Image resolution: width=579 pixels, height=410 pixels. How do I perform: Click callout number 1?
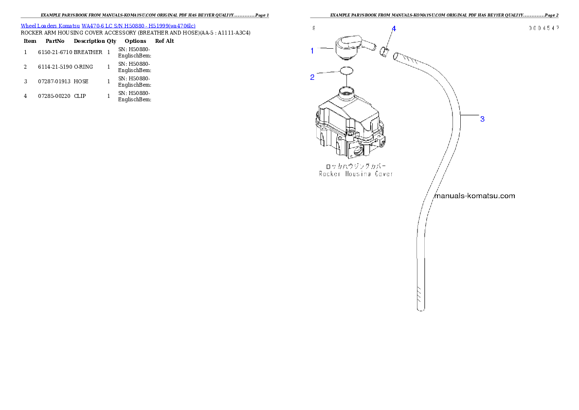[x=312, y=50]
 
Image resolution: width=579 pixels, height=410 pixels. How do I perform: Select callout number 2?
[x=312, y=77]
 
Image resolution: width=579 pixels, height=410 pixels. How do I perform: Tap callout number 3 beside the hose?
[x=482, y=119]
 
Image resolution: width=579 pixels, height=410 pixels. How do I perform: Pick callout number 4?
[x=394, y=29]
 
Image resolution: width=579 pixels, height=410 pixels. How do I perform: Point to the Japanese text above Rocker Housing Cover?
[x=356, y=166]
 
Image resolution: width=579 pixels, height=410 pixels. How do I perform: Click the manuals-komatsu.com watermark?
[x=474, y=196]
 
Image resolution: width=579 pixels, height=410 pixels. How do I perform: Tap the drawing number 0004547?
[x=544, y=28]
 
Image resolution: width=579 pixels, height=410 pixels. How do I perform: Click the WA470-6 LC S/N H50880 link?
[x=136, y=26]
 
